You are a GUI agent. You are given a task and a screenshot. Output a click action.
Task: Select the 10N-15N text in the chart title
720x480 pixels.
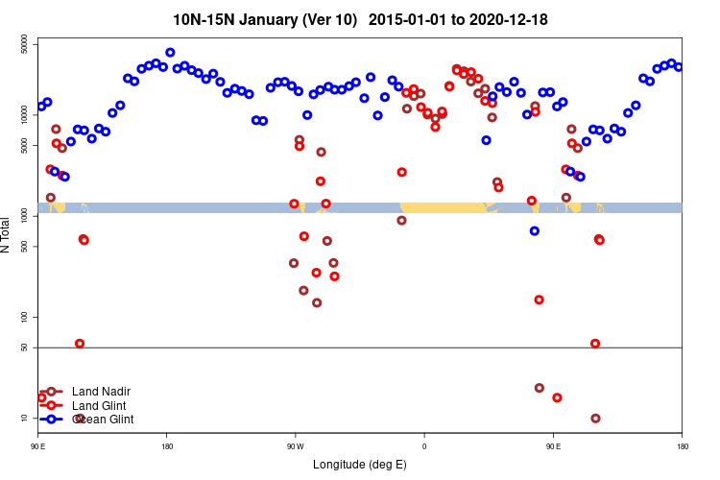point(199,19)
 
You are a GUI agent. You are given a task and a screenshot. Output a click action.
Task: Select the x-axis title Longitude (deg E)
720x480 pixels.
point(360,465)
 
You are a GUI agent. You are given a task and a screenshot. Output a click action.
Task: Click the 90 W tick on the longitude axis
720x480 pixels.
point(295,446)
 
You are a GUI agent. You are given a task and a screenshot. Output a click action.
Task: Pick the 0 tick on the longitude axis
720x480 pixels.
point(424,446)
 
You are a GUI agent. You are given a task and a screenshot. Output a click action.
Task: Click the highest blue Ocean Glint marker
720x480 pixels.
point(170,53)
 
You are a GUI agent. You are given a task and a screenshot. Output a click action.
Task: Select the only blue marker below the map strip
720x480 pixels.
point(535,231)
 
